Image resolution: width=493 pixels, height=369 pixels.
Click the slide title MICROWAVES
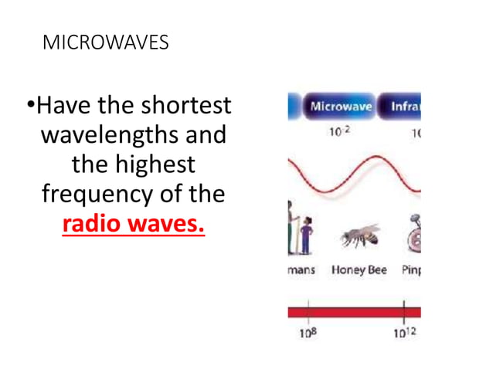[106, 43]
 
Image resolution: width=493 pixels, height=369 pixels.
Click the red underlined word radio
[96, 224]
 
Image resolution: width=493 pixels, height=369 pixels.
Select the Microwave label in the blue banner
[341, 107]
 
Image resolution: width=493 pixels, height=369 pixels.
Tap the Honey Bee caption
[359, 270]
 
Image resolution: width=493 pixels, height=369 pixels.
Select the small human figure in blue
[306, 235]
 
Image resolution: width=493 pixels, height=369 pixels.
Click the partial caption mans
[301, 270]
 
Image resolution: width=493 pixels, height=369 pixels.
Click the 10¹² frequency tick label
[403, 334]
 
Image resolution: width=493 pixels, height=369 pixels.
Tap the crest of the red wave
[376, 159]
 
